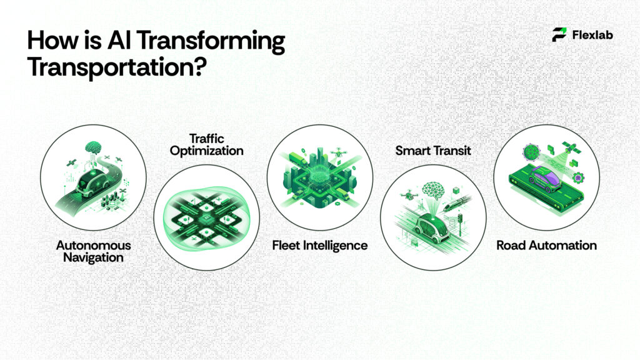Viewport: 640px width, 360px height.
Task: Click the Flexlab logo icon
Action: point(559,35)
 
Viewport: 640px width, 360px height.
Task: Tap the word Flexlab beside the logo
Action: point(592,35)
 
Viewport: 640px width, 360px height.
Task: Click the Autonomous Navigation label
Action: point(93,251)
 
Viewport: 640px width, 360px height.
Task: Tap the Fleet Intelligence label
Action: point(319,245)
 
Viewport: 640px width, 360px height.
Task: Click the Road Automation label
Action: point(546,245)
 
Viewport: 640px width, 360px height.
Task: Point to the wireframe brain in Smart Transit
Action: point(433,191)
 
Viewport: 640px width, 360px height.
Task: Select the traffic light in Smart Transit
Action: point(461,221)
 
